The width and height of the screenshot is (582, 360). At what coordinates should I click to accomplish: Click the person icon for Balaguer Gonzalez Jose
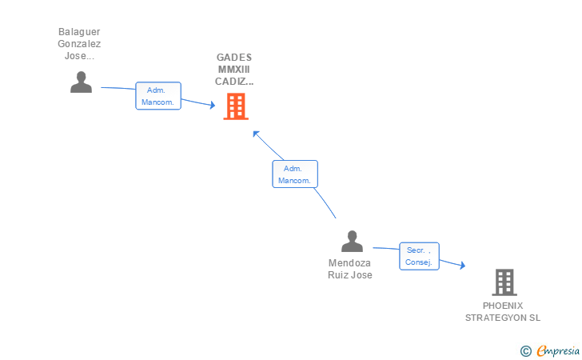coord(81,82)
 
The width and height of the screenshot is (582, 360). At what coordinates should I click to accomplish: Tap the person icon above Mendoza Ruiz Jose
coord(352,241)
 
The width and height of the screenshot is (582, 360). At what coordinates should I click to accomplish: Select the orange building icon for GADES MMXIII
coord(236,106)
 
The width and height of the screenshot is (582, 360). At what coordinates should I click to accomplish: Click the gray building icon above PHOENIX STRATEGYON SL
coord(504,282)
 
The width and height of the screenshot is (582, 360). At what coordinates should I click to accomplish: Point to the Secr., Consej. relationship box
coord(419,256)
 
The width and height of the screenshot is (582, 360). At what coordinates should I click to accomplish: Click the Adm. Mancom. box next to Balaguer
coord(158,96)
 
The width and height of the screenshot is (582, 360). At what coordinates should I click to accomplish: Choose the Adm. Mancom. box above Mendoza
coord(295,174)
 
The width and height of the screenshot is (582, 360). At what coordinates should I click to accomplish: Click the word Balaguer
coord(79,32)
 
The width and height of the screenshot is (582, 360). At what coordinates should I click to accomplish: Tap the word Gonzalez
coord(79,44)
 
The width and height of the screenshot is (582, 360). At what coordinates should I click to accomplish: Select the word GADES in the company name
coord(234,58)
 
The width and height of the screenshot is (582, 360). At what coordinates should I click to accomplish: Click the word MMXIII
coord(233,70)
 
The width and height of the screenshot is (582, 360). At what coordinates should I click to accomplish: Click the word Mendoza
coord(349,263)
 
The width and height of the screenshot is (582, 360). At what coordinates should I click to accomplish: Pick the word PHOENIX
coord(503,306)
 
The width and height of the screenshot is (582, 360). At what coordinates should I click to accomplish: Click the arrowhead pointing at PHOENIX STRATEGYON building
coord(462,266)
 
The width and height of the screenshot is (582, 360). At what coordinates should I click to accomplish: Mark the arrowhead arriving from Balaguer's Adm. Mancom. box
coord(213,105)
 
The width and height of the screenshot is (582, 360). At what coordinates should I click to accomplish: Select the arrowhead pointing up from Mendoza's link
coord(256,134)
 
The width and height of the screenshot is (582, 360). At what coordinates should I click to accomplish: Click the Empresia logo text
coord(558,350)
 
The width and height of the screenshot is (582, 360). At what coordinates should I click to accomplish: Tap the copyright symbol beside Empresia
coord(525,351)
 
